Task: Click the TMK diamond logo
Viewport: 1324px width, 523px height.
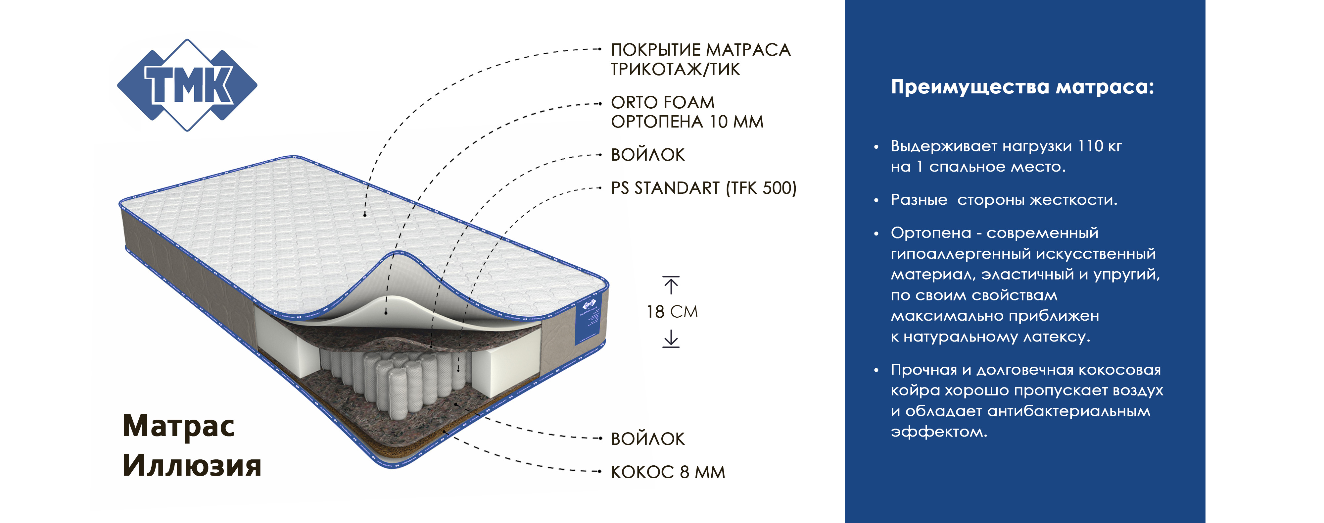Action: pos(187,85)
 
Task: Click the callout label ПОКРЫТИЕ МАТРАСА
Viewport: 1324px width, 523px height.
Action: pos(700,50)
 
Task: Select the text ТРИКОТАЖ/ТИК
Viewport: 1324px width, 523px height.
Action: pos(675,69)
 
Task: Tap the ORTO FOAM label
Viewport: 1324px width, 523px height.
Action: pos(663,102)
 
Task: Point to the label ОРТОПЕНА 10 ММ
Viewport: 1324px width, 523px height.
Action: pos(687,122)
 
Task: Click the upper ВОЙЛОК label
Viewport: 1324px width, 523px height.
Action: pos(648,154)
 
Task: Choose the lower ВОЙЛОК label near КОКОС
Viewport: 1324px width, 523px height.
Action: pos(648,439)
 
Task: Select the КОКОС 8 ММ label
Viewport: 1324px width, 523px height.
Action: pos(668,472)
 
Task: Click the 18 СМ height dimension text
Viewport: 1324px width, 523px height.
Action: pos(672,312)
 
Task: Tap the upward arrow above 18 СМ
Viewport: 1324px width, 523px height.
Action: pos(671,285)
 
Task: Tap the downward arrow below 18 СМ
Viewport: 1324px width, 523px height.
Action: pos(671,339)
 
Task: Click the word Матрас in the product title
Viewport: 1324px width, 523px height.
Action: pos(178,426)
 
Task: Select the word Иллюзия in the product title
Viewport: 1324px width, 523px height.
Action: pos(192,465)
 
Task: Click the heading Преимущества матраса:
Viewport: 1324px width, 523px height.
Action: pos(1022,86)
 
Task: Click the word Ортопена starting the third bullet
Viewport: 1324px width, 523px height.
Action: pos(931,233)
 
